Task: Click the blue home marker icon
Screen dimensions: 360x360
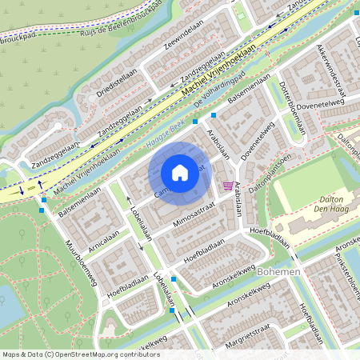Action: pyautogui.click(x=180, y=173)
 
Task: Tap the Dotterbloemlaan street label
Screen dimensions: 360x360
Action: pyautogui.click(x=295, y=109)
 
